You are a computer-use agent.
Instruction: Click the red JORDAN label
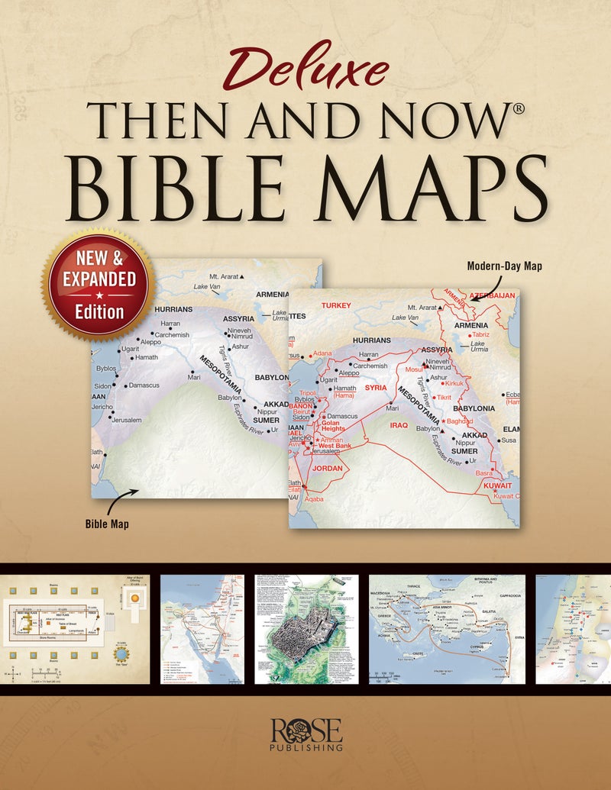pos(327,467)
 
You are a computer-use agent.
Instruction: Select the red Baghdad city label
pos(461,421)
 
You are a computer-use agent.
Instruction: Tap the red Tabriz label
pos(480,335)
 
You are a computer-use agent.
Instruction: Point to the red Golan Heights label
pos(333,425)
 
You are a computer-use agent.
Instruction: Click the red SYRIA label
pos(376,388)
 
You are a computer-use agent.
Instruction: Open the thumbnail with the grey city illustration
pos(306,629)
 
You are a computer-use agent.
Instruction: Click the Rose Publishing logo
pos(305,735)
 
